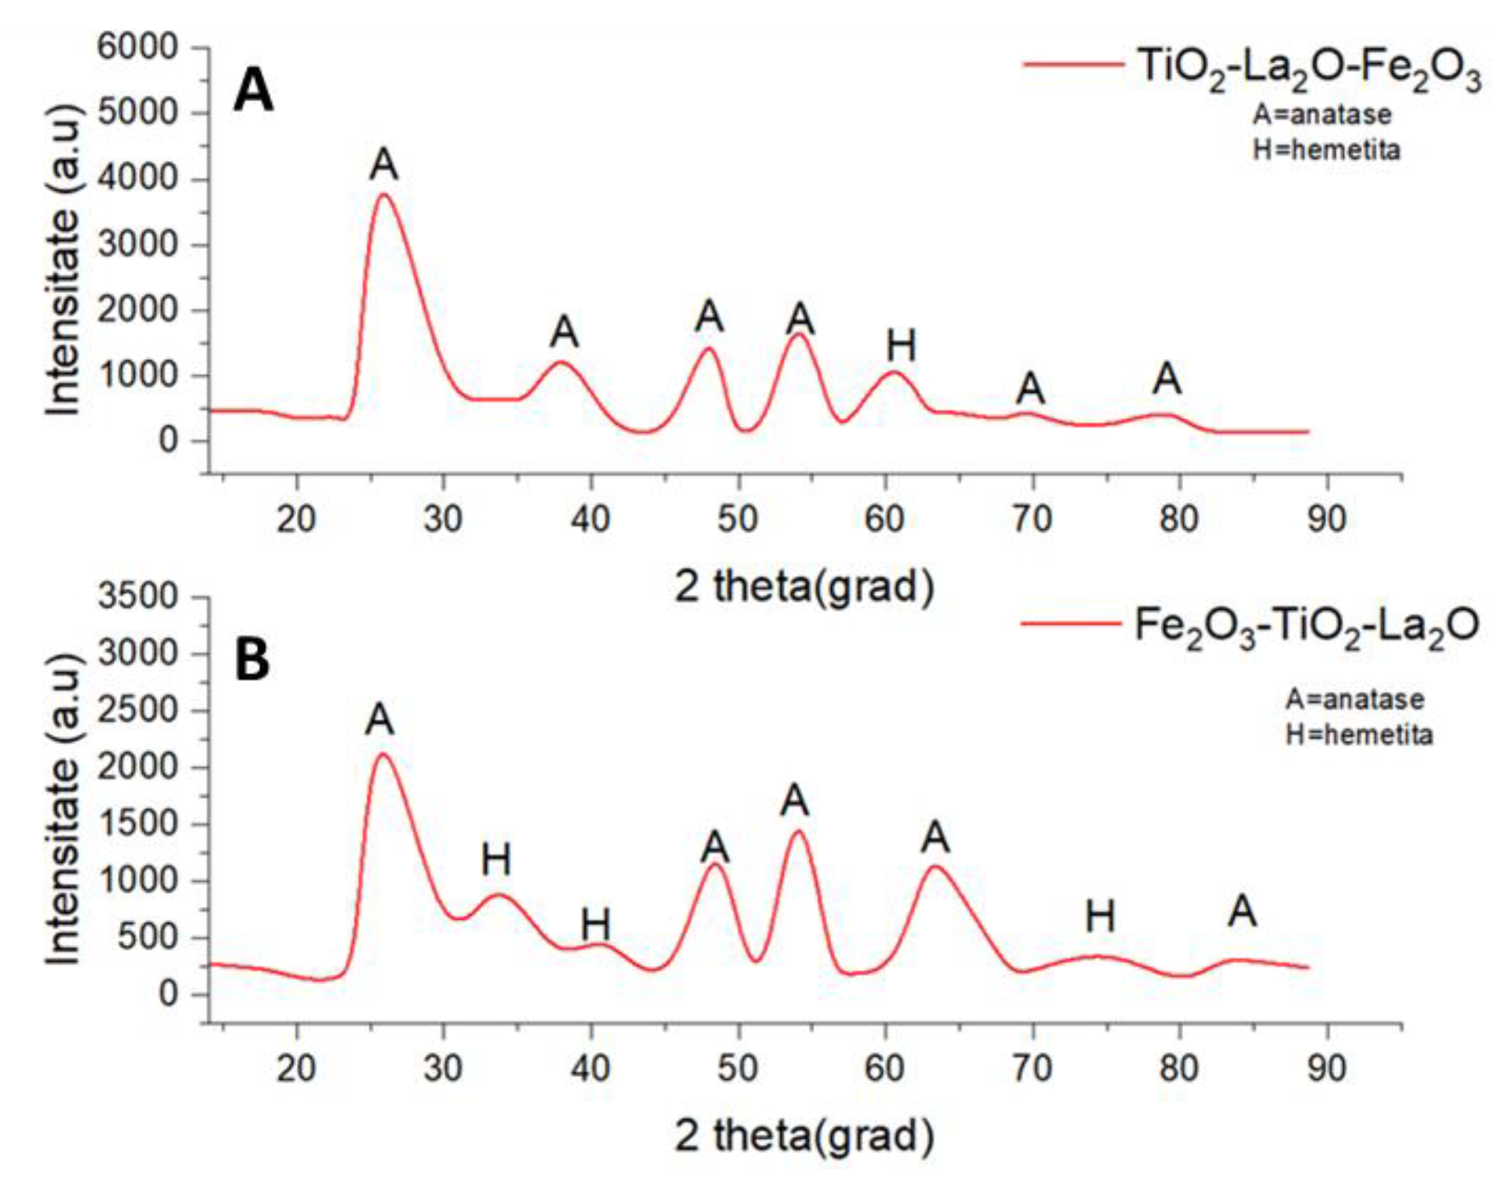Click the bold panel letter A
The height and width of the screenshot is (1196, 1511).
click(253, 92)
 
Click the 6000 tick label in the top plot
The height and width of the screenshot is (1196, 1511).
click(138, 48)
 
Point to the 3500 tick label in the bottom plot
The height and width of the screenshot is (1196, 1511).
click(138, 597)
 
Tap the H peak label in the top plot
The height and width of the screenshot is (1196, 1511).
click(901, 346)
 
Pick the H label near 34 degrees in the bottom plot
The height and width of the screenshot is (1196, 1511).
click(496, 860)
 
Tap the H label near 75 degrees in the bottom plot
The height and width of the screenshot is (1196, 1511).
click(1100, 917)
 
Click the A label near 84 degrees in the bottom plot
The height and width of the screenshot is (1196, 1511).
click(1242, 913)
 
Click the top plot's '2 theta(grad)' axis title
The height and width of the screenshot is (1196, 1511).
click(805, 586)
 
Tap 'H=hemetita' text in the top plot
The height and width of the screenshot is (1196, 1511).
click(1326, 149)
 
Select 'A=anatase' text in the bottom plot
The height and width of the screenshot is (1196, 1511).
click(1354, 699)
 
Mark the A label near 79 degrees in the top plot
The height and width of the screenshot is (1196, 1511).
click(1167, 379)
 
